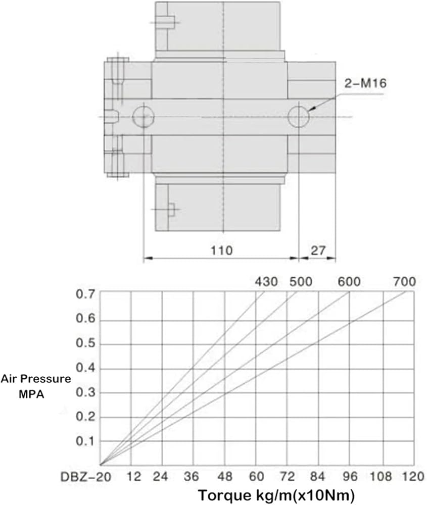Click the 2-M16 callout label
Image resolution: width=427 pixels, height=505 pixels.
coord(365,83)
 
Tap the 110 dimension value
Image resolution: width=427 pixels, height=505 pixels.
coord(221,250)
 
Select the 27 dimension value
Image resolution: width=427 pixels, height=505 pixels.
coord(318,250)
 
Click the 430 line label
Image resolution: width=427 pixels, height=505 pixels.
coord(266,282)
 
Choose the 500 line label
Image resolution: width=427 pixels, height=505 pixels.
coord(301,282)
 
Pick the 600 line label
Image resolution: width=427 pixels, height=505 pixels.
coord(349,282)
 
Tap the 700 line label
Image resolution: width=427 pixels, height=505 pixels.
coord(404,282)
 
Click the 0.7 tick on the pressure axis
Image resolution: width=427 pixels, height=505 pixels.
coord(86,294)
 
